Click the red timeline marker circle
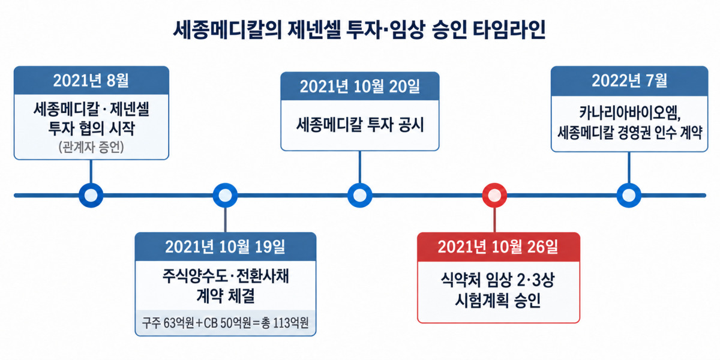(x=494, y=195)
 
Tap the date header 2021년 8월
(x=91, y=80)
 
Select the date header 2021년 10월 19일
(x=225, y=247)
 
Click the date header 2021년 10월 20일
(x=359, y=86)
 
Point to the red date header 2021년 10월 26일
(x=498, y=247)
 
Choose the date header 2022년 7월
(x=629, y=80)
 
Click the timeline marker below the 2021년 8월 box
(x=91, y=195)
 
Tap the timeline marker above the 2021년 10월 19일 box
(x=225, y=195)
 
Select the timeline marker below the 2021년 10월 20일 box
(x=359, y=195)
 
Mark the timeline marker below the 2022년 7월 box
(x=629, y=195)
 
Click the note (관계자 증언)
(x=91, y=147)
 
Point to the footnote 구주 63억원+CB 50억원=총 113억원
(x=225, y=323)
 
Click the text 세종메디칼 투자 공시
(x=359, y=125)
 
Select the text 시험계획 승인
(x=498, y=300)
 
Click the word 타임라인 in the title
(x=509, y=30)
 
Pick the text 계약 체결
(x=225, y=296)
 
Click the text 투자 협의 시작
(x=91, y=128)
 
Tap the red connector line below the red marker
(x=494, y=220)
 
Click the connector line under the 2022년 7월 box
(x=629, y=167)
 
